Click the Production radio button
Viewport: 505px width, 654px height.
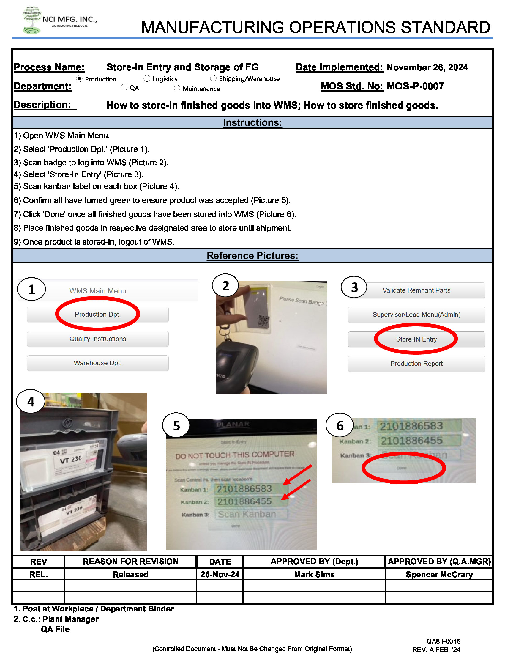[79, 79]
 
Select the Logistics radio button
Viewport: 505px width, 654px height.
[147, 78]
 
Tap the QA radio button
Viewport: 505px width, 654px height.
[124, 87]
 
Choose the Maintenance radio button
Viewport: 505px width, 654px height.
[177, 88]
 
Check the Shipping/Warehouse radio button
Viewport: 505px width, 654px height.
[213, 78]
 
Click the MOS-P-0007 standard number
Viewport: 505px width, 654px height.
[415, 86]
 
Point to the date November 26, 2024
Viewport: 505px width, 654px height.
[427, 67]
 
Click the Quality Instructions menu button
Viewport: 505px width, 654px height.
[98, 339]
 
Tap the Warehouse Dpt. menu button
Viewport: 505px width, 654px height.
[98, 363]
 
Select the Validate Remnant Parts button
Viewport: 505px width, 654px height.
[416, 290]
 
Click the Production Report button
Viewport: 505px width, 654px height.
[416, 364]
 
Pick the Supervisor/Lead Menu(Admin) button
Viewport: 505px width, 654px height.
[416, 315]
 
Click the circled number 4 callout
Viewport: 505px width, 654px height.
[31, 402]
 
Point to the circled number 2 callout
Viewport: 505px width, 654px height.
[225, 286]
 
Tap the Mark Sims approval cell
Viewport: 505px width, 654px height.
[314, 574]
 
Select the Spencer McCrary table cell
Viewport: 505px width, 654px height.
[439, 574]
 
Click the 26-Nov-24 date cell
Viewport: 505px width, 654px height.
[220, 574]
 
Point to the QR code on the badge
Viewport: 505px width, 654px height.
[263, 321]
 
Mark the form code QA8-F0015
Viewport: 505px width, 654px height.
[444, 641]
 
